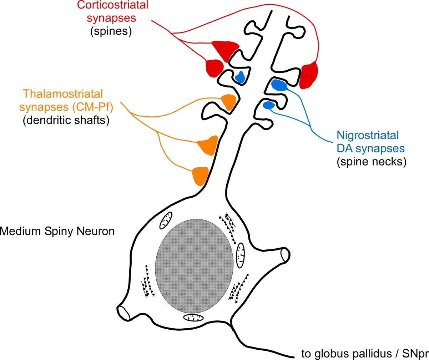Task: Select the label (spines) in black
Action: pyautogui.click(x=111, y=31)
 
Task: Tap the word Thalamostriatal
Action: pyautogui.click(x=63, y=94)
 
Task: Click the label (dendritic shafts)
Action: pyautogui.click(x=66, y=120)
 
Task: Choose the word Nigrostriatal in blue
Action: pyautogui.click(x=368, y=136)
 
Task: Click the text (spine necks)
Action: pyautogui.click(x=372, y=162)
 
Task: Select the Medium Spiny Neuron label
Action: pyautogui.click(x=57, y=231)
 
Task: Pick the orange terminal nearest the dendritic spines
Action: pyautogui.click(x=228, y=102)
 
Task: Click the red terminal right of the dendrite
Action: pyautogui.click(x=308, y=75)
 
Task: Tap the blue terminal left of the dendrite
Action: pyautogui.click(x=240, y=76)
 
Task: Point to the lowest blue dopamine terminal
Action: pyautogui.click(x=268, y=105)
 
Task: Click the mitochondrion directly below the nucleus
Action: pyautogui.click(x=193, y=318)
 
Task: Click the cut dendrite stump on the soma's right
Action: pyautogui.click(x=284, y=255)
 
